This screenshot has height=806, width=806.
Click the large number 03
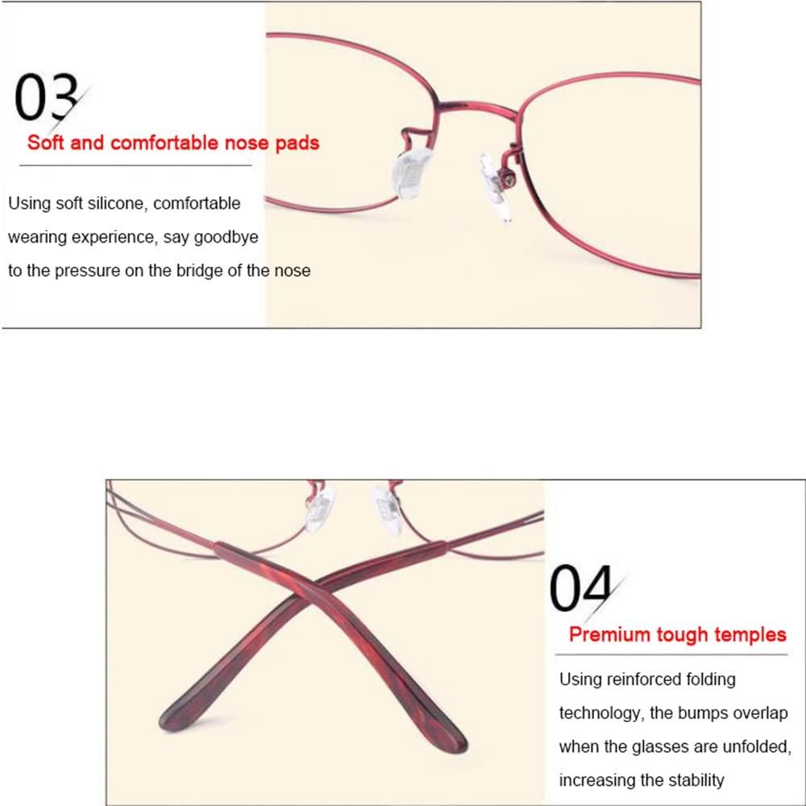point(46,97)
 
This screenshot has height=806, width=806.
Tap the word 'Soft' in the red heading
point(45,143)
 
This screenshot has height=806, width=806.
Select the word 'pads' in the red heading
point(297,143)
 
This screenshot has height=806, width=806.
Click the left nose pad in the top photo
point(411,173)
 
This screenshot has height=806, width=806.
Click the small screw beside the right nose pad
point(509,180)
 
